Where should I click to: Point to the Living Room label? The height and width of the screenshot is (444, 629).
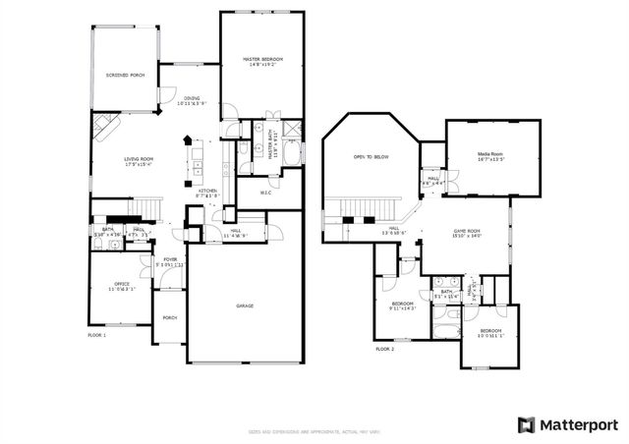(x=139, y=161)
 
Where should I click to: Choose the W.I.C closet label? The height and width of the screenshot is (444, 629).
(x=265, y=192)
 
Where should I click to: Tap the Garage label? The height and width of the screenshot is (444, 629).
(x=245, y=305)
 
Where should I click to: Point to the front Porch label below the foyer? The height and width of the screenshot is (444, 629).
(x=170, y=318)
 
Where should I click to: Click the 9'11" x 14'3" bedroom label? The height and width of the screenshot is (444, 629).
(x=403, y=305)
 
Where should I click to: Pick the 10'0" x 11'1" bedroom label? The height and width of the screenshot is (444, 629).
(x=489, y=333)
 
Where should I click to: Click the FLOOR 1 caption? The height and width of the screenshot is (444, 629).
(x=96, y=336)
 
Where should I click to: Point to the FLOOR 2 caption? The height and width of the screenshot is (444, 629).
(x=384, y=349)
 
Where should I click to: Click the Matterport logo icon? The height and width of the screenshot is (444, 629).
(x=525, y=423)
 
